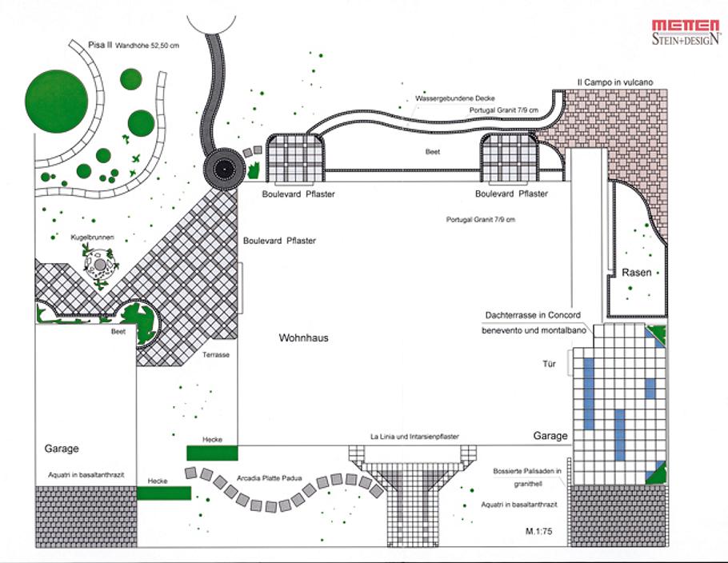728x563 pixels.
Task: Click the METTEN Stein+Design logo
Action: click(x=686, y=31)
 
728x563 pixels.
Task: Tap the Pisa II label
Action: click(x=100, y=45)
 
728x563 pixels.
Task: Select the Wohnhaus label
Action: click(x=303, y=338)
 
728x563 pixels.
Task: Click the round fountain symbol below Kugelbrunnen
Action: click(x=100, y=264)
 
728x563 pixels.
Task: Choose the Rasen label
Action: click(x=637, y=273)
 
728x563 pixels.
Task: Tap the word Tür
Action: click(x=549, y=364)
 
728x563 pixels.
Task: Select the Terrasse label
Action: click(x=216, y=353)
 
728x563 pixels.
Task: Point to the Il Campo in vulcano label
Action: click(x=616, y=82)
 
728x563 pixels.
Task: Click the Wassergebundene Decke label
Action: click(x=450, y=99)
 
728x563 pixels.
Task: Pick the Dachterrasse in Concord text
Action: click(x=531, y=315)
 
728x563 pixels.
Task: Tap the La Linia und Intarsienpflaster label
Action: click(x=423, y=437)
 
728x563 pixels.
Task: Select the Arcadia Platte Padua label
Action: click(x=269, y=478)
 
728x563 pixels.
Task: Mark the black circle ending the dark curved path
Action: click(x=222, y=169)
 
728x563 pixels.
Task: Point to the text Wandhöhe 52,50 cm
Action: click(x=147, y=46)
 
